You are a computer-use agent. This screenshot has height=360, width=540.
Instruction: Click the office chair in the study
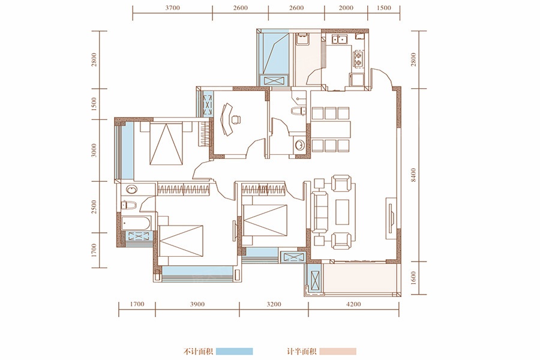(236, 119)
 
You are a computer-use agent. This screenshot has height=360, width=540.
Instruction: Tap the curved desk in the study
(226, 119)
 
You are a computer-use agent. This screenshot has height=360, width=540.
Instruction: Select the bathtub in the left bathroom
(136, 223)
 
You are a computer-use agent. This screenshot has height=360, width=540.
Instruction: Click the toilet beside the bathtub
(129, 205)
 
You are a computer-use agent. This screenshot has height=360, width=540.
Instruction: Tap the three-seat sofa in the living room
(319, 212)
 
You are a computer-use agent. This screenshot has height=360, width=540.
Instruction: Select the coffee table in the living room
(342, 212)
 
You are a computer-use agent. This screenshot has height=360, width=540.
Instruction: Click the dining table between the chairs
(331, 129)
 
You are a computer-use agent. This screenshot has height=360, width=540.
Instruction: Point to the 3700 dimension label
(173, 8)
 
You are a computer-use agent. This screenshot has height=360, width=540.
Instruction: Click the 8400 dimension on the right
(413, 175)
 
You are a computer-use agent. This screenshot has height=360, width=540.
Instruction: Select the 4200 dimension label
(353, 304)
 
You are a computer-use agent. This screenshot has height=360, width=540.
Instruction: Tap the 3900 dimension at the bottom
(197, 304)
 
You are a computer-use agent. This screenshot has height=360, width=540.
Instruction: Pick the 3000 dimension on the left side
(94, 151)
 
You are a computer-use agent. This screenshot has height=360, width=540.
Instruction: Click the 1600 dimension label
(413, 278)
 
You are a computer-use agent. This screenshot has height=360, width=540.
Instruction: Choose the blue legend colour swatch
(235, 352)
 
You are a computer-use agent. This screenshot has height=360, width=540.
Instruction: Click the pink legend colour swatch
(338, 352)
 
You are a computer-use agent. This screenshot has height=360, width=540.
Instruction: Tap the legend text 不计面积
(198, 352)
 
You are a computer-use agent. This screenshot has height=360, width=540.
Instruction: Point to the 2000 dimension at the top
(346, 8)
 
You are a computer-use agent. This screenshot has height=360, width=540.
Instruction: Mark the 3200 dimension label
(274, 304)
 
